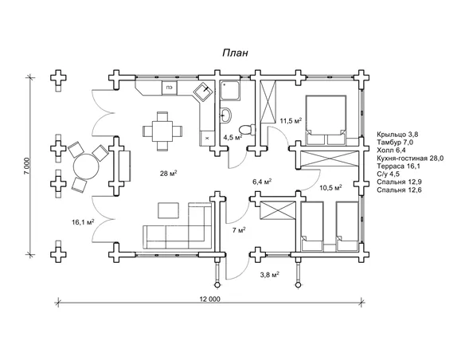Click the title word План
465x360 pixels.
235,53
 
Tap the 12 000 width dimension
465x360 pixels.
209,299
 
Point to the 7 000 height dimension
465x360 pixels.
27,166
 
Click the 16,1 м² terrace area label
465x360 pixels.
83,221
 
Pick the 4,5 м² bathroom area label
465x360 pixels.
232,137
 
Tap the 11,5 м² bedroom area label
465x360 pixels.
291,121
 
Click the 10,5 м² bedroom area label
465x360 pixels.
330,187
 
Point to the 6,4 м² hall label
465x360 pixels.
263,182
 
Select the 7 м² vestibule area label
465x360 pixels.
239,230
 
